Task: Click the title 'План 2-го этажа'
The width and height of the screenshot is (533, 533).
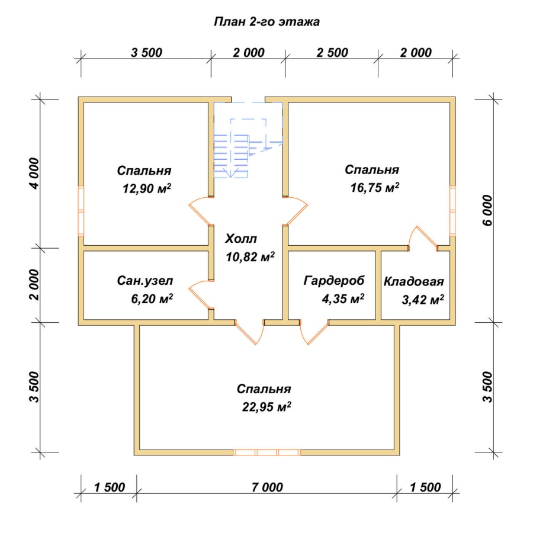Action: point(267,22)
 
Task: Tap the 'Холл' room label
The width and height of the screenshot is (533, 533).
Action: point(241,239)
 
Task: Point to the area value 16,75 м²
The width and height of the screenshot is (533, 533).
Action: point(375,187)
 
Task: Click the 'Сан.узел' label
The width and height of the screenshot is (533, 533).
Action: point(145,281)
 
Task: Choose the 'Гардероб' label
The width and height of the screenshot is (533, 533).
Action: point(334,281)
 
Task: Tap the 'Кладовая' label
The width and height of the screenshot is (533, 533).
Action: point(414,282)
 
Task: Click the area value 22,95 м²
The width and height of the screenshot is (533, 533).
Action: point(267,406)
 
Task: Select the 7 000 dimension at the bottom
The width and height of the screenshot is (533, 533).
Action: point(267,487)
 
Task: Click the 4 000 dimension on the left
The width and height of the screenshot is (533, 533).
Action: point(34,174)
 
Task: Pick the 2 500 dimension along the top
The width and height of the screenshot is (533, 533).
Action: point(332,53)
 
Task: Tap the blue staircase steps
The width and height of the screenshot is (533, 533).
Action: point(231,156)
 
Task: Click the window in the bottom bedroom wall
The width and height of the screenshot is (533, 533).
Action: point(267,452)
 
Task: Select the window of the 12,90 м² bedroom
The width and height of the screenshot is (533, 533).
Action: point(81,211)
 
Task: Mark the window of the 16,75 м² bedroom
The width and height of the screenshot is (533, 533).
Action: point(452,211)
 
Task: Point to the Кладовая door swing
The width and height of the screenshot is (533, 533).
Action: point(423,237)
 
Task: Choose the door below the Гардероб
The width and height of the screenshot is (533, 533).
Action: point(313,332)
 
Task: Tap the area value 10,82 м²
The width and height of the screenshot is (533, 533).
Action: point(251,257)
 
